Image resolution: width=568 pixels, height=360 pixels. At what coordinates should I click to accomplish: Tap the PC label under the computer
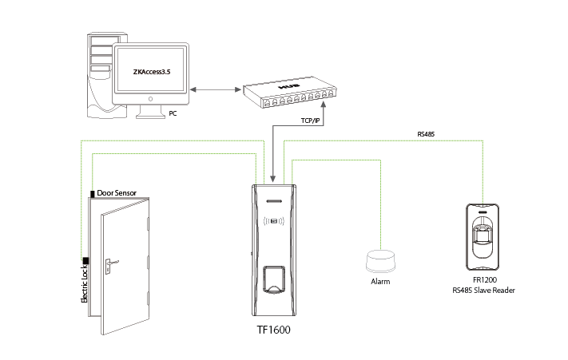pos(173,114)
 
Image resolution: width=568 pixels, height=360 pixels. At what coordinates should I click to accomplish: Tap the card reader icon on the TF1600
pos(273,221)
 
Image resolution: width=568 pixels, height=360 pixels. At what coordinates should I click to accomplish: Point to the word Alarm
pos(380,282)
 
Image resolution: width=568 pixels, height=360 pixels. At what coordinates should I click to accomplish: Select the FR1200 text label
pos(485,280)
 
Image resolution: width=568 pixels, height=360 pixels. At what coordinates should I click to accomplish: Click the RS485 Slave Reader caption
pos(483,291)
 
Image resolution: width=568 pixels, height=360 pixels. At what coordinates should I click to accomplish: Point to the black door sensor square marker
pos(93,193)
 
